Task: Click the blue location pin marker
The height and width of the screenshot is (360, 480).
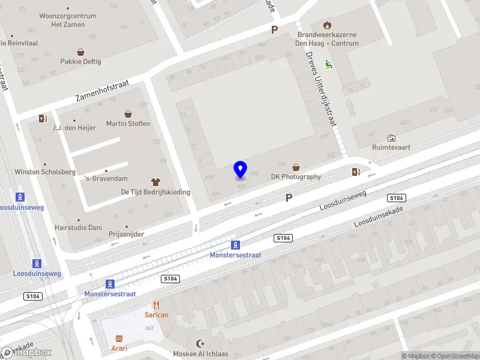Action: coord(240,169)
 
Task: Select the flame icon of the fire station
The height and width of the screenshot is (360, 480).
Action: coord(327,25)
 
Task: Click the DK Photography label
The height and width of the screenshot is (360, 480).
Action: coord(296,177)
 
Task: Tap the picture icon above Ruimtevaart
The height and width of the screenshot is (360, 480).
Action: coord(392,137)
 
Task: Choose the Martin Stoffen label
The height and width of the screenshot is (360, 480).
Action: coord(128,124)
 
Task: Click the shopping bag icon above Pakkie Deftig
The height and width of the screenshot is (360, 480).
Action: coord(80,52)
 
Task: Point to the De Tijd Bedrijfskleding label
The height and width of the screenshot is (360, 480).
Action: coord(155,192)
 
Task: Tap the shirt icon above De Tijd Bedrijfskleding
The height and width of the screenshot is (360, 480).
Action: coord(155,181)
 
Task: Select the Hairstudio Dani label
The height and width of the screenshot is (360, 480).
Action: coord(78,227)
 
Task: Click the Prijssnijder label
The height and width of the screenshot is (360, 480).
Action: coord(126,234)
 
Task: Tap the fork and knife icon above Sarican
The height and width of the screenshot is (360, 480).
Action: coord(156,305)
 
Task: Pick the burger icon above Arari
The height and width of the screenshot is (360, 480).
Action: coord(119,338)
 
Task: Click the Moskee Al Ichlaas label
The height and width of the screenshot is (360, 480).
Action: coord(200,353)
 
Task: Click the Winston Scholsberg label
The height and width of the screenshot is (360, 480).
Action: coord(45,172)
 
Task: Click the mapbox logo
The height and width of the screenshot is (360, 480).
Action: coord(26,353)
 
